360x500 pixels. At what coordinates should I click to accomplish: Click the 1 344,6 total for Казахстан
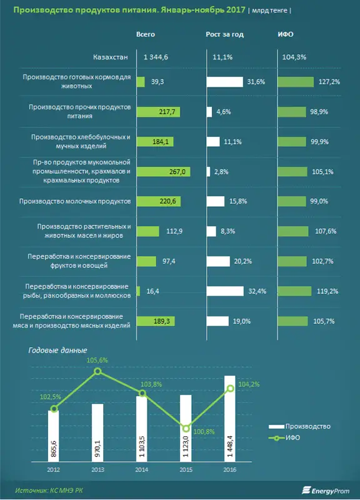pos(156,57)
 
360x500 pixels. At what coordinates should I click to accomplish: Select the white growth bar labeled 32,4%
pos(225,291)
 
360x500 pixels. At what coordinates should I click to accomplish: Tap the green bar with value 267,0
pos(164,172)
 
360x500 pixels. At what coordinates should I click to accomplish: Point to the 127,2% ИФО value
pos(329,82)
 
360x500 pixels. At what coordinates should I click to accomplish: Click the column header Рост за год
pos(225,34)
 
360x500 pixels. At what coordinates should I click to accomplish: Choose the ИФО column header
pos(286,34)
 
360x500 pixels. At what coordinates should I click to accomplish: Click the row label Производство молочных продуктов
pos(75,201)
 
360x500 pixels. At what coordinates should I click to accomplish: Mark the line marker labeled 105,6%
pos(98,371)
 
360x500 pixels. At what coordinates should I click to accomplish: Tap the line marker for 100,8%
pos(186,428)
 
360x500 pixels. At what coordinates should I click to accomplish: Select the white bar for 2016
pos(230,418)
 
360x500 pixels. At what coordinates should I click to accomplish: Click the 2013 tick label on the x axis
pos(97,470)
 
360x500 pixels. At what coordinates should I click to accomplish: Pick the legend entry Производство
pos(299,426)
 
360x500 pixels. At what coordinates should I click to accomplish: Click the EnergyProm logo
pos(326,491)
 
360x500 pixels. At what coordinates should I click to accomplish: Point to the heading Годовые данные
pos(57,351)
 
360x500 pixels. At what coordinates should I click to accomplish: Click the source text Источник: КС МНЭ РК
pos(49,491)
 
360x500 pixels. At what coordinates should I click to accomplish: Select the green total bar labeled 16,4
pos(138,291)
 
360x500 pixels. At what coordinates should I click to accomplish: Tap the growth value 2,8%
pos(221,172)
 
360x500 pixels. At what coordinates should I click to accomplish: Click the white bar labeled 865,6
pos(54,436)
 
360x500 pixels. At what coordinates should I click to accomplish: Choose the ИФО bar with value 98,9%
pos(292,112)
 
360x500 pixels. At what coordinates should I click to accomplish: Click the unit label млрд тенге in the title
pos(269,11)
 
